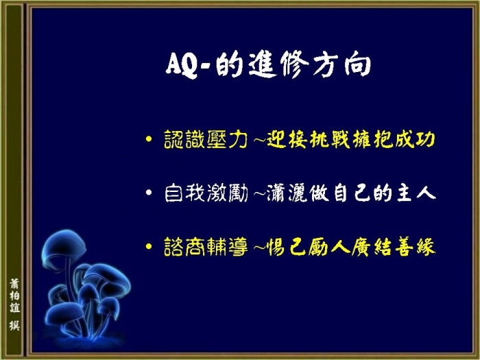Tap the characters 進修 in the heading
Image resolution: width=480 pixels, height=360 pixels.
coord(278,64)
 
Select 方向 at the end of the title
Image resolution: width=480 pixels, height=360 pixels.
coord(342,65)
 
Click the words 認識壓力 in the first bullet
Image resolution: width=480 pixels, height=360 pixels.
coord(206,139)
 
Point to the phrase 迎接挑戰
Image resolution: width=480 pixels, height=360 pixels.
coord(309,139)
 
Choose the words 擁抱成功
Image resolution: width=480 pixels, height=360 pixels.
coord(394,139)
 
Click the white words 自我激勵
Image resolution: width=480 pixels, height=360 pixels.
coord(206,193)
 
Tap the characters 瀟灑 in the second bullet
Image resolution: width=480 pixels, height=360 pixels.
coord(287,193)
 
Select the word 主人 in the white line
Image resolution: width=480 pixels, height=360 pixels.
coord(416,193)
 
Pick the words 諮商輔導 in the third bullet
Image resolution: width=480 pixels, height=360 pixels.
coord(206,246)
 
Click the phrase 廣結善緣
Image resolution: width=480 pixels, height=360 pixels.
coord(394,246)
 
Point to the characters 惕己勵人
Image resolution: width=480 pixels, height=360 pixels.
coord(309,246)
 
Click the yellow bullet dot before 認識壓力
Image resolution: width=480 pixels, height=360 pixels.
coord(149,139)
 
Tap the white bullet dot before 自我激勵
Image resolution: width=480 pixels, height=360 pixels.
coord(149,193)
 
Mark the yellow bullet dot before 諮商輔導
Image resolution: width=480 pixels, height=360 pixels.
coord(149,246)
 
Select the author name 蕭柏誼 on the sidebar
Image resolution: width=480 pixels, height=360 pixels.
coord(14,296)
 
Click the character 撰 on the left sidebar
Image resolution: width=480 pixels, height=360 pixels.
coord(14,326)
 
